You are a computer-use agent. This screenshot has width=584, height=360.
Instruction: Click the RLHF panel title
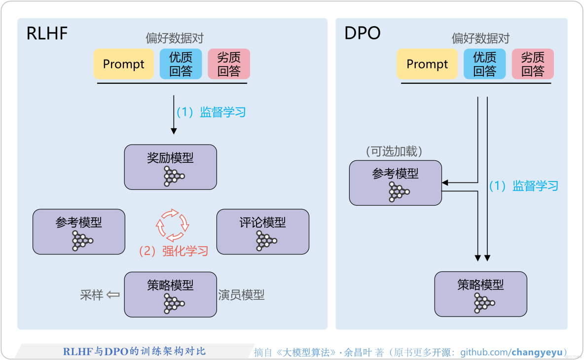click(x=47, y=34)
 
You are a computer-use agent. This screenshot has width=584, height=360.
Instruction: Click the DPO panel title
click(x=363, y=34)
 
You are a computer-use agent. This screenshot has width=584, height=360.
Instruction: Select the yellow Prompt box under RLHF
click(x=123, y=64)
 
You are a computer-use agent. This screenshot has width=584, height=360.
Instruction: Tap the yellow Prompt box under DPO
click(x=427, y=64)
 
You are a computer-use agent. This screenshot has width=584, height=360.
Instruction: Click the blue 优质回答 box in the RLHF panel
click(x=181, y=64)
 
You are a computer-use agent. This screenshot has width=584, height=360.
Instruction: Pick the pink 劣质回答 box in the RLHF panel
click(x=229, y=64)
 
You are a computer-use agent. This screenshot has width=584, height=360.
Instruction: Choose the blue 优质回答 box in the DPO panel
click(x=484, y=64)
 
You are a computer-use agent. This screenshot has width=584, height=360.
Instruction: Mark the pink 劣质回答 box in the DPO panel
click(x=533, y=64)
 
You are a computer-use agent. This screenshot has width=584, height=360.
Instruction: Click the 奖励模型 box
click(x=170, y=167)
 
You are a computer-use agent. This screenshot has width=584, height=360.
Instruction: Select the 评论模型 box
click(x=263, y=232)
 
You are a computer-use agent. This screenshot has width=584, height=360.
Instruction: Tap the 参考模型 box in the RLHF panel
click(x=79, y=232)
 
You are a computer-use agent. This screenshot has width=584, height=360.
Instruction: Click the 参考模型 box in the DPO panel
click(x=395, y=183)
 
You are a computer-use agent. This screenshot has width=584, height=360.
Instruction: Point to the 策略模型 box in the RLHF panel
click(x=170, y=294)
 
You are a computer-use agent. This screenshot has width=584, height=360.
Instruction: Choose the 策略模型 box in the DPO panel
click(x=480, y=294)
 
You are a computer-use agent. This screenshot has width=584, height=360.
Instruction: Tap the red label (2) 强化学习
click(x=173, y=251)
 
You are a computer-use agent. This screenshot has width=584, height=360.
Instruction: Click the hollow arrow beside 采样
click(x=113, y=295)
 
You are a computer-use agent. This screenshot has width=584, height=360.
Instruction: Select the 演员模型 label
click(x=241, y=295)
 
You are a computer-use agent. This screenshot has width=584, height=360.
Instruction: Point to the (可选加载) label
click(x=394, y=151)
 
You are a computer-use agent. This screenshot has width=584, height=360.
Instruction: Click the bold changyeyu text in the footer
click(x=537, y=352)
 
